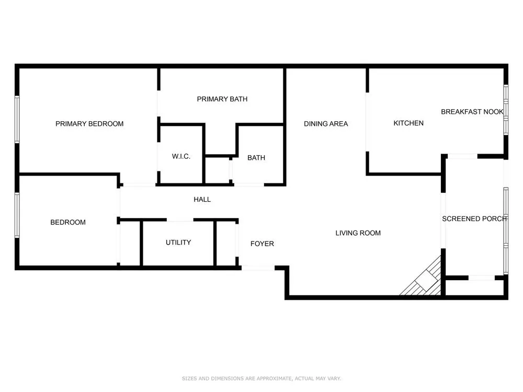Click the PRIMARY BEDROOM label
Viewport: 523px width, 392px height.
click(x=89, y=124)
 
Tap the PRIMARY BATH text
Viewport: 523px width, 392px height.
click(x=222, y=99)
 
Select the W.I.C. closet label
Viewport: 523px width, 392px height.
click(x=181, y=156)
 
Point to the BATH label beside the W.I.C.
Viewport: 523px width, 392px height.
click(x=256, y=158)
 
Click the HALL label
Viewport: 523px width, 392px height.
click(x=202, y=199)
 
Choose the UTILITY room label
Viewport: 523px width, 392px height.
click(x=178, y=243)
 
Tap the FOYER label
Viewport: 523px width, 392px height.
click(x=262, y=244)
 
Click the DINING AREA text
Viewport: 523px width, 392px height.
click(x=326, y=124)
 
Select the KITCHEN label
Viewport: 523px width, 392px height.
click(x=408, y=123)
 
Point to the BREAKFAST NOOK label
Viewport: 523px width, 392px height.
click(x=472, y=112)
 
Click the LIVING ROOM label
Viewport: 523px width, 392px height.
click(x=358, y=233)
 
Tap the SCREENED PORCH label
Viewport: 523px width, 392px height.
click(x=475, y=218)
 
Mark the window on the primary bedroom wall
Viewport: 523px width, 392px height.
click(x=17, y=119)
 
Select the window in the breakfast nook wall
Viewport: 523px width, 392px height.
click(x=506, y=110)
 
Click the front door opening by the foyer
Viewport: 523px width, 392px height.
click(x=258, y=268)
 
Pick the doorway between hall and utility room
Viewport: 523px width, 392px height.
click(x=180, y=220)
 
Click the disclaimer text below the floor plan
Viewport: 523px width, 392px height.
click(x=261, y=378)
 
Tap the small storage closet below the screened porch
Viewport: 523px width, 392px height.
click(x=474, y=287)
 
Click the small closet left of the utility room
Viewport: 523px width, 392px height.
click(x=130, y=244)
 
